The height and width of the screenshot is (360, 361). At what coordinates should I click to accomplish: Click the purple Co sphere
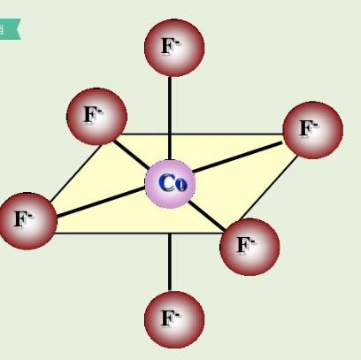coord(170,184)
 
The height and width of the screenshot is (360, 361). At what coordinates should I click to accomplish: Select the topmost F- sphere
coord(174,48)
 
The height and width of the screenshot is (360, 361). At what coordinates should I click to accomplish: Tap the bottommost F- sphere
coord(174,319)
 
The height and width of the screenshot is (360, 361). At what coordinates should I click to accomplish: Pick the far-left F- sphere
coord(27,221)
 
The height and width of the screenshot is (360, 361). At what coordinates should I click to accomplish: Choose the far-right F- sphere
coord(312,130)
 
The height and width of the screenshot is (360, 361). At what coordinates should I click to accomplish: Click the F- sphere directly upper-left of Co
coord(96,117)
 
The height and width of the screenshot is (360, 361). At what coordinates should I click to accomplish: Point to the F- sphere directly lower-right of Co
coord(250,247)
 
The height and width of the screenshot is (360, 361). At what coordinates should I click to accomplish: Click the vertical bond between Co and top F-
coord(170,119)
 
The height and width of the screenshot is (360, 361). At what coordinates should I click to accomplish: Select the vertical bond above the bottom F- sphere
coord(170,262)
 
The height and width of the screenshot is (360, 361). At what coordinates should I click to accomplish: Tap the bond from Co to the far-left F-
coord(101,202)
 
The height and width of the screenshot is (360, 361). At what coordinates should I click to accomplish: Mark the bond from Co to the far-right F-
coord(237,157)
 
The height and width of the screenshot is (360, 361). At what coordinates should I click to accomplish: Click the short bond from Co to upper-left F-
coord(132,155)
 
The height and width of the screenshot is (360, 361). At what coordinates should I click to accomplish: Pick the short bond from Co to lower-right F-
coord(207,216)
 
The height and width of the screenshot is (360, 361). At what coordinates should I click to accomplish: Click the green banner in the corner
coord(10,29)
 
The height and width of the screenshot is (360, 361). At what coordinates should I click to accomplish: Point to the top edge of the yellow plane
coord(201,134)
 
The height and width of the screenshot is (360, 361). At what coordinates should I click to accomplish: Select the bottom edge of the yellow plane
coord(138,234)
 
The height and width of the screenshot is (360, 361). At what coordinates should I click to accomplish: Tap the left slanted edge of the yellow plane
coord(76,173)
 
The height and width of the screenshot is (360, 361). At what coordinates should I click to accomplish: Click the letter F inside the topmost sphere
coord(167,47)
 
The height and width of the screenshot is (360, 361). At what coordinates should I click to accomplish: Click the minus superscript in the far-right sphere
coord(315,125)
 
